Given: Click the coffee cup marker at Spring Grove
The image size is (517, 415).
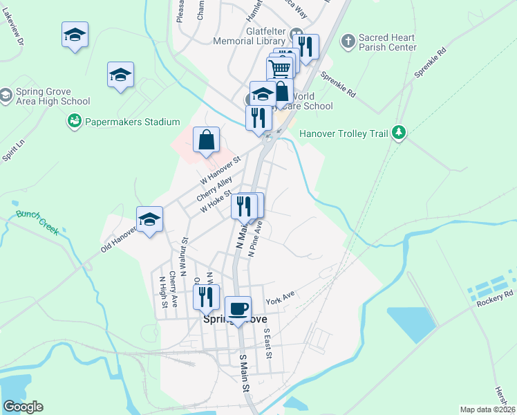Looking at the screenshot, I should coord(238,309).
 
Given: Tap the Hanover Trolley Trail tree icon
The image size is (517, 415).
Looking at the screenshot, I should coord(398,133).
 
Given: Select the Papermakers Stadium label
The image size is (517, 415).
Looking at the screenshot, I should coord(132,122).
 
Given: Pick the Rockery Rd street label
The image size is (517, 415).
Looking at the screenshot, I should coord(494,294).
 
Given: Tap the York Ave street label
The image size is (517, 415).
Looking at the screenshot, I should coord(280,300).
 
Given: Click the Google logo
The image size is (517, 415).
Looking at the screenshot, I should coord(23,407).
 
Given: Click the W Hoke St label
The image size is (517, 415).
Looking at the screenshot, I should coord(215,203).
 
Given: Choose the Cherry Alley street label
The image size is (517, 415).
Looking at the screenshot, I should coord(215,189).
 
